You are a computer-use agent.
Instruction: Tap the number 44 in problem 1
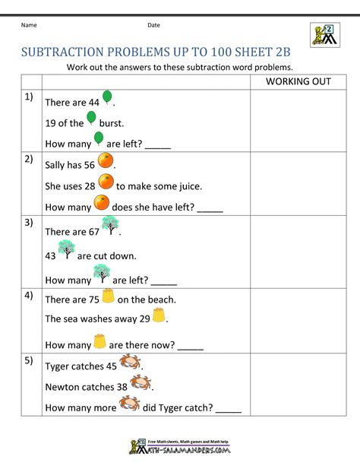point(94,103)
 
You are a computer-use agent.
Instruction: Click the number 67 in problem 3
point(94,232)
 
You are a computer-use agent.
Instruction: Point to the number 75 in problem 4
point(94,300)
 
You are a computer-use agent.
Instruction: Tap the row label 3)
point(28,223)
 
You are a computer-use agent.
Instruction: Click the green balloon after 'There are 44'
point(107,97)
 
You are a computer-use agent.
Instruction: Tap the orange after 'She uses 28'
point(106,182)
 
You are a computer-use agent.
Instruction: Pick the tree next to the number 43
point(66,249)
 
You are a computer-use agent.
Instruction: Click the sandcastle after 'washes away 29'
point(158,315)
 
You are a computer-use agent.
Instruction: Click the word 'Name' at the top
point(29,25)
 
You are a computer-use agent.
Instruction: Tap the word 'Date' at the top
point(153,25)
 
